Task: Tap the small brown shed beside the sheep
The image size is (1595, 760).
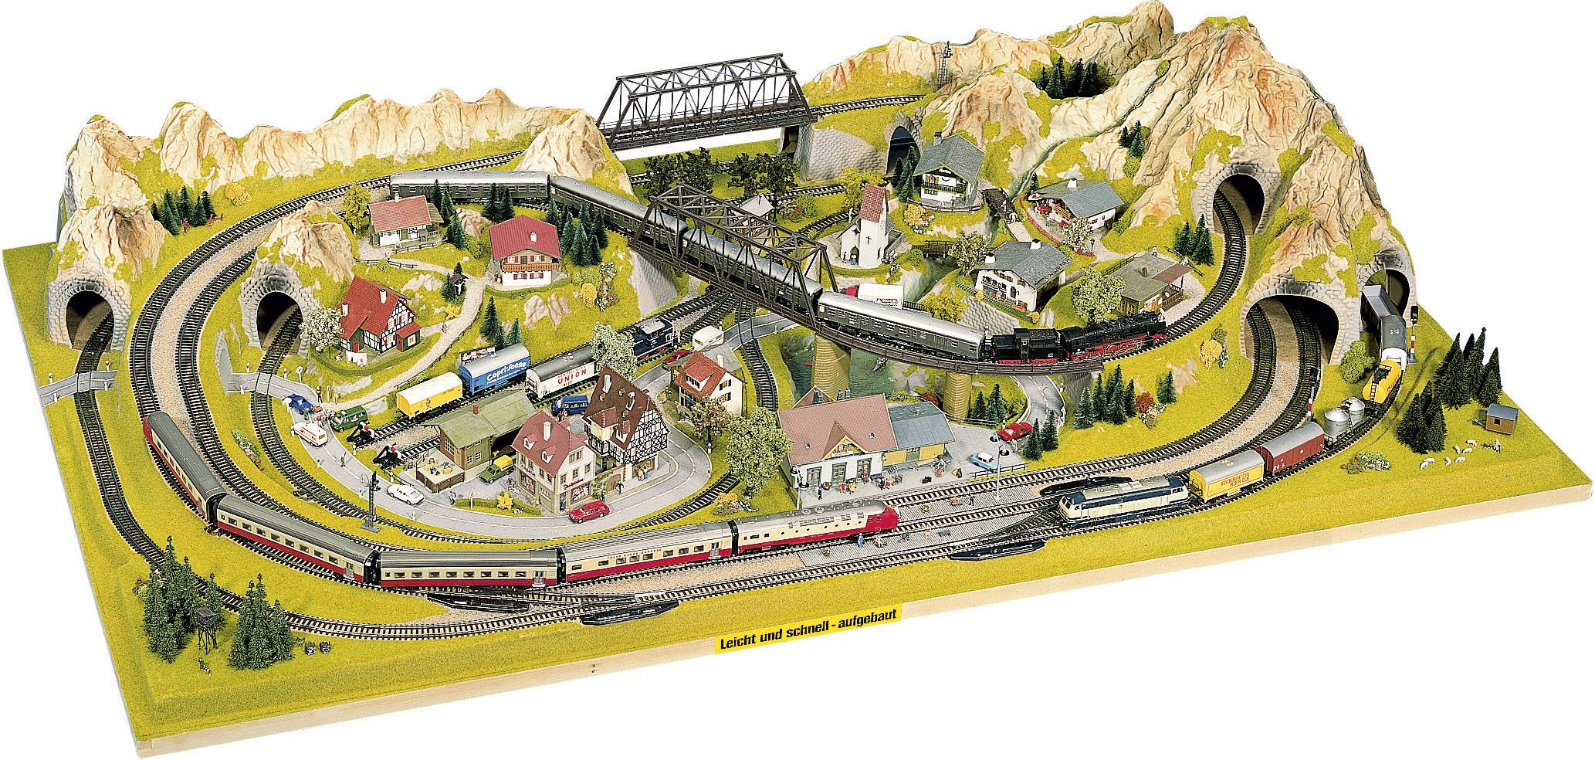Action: [x=1497, y=418]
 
